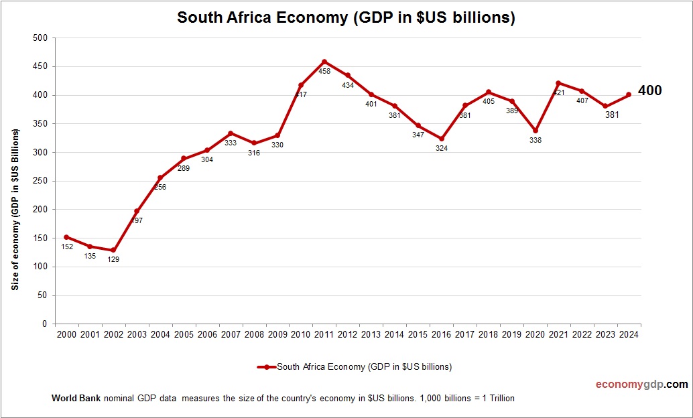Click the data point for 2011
coord(324,62)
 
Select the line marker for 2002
coord(113,250)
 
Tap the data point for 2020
coord(535,131)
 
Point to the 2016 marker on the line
coord(441,139)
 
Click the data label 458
coord(324,71)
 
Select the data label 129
coord(113,259)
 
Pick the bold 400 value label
coord(649,90)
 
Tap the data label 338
coord(535,140)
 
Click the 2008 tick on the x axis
coord(254,334)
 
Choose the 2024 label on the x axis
coord(629,334)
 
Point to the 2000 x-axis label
coord(66,334)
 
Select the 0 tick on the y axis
coord(44,324)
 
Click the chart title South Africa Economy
coord(346,17)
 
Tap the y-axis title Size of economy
coord(14,209)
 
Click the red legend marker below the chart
coord(267,367)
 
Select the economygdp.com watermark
coord(641,385)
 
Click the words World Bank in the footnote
coord(76,398)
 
